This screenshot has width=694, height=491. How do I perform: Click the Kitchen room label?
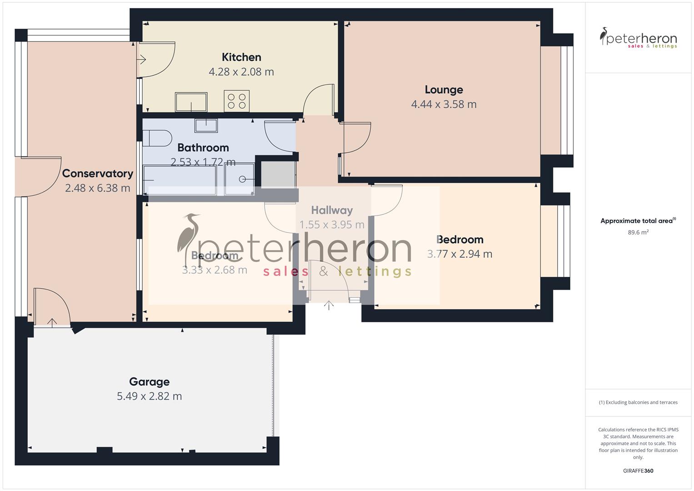click(241, 57)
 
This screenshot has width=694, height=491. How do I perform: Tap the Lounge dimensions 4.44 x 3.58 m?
click(444, 104)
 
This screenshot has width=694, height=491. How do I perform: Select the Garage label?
click(149, 382)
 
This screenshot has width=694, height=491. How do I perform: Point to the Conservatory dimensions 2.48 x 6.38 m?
click(97, 188)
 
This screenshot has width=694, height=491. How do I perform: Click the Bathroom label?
click(203, 148)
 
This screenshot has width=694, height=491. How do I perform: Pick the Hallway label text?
click(332, 210)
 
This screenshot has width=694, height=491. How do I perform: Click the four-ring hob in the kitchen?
click(236, 101)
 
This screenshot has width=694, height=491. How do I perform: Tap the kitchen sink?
click(191, 102)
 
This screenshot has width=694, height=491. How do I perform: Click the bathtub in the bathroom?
click(180, 180)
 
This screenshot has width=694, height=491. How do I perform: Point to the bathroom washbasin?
click(206, 125)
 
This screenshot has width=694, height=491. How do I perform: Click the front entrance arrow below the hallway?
click(329, 305)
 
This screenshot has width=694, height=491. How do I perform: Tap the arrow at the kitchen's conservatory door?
click(141, 59)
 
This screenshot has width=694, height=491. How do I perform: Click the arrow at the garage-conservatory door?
click(52, 322)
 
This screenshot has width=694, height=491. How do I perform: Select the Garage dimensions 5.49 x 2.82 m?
click(149, 396)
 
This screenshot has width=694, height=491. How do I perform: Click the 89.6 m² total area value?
click(638, 232)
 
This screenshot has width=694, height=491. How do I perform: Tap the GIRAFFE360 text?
click(638, 471)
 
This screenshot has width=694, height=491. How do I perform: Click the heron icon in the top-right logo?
click(604, 36)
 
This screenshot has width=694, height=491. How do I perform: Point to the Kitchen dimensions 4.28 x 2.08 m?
click(241, 72)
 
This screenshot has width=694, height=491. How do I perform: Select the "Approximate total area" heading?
click(637, 221)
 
